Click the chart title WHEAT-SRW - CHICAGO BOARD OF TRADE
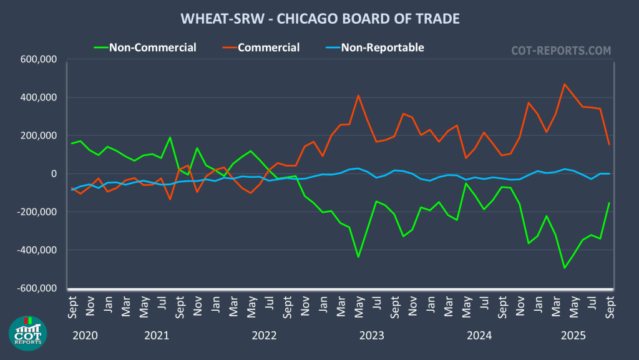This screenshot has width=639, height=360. click(x=319, y=19)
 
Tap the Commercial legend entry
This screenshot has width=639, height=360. click(x=268, y=47)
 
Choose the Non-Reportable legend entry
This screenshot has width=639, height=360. click(x=383, y=47)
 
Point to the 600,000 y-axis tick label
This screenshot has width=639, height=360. click(x=39, y=60)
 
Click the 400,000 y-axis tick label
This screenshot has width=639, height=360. click(x=39, y=98)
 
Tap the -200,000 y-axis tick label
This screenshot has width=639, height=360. click(x=37, y=212)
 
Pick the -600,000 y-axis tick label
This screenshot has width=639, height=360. click(x=37, y=288)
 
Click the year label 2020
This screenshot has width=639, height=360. click(x=85, y=336)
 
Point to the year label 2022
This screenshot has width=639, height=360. click(x=264, y=336)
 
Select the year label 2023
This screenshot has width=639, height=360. click(x=372, y=336)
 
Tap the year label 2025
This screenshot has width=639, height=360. click(x=573, y=336)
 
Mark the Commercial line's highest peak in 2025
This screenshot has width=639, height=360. click(x=565, y=84)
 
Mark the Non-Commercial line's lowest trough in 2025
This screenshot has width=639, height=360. click(x=565, y=268)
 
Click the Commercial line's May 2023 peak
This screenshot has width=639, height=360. click(x=358, y=95)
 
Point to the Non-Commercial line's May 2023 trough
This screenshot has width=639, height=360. click(x=358, y=256)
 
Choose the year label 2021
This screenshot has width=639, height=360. click(x=157, y=336)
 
